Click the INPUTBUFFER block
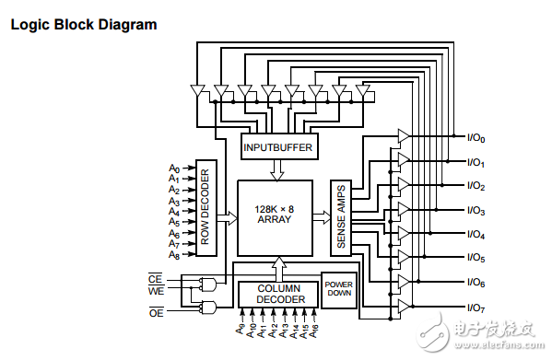point(277,147)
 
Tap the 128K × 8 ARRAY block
point(274,217)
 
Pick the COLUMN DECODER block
point(277,295)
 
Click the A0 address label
point(173,168)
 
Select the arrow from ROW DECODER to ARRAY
point(227,218)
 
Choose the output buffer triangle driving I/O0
point(403,136)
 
